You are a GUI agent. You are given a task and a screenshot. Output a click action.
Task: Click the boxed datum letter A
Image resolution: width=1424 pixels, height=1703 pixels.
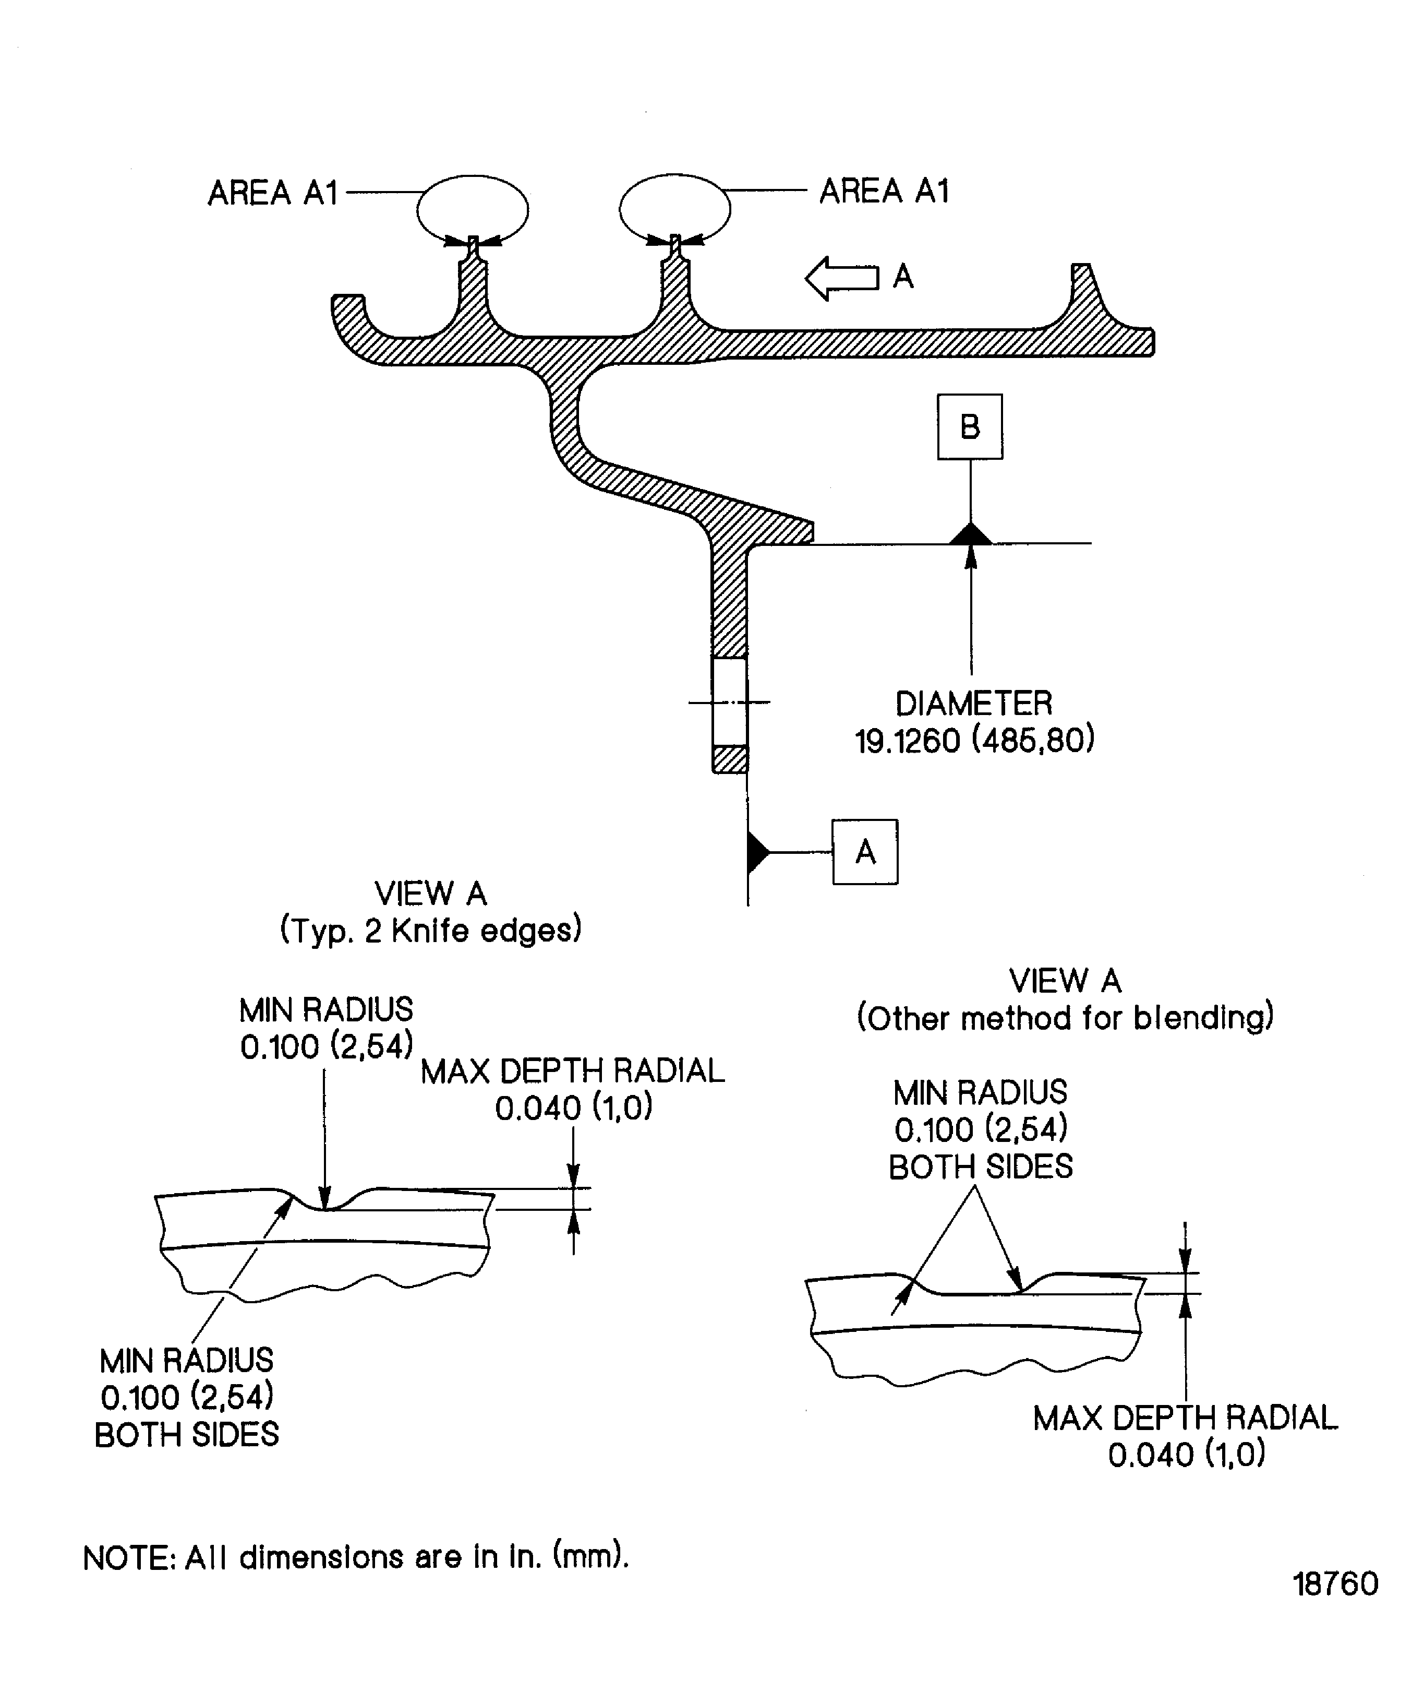[x=865, y=852]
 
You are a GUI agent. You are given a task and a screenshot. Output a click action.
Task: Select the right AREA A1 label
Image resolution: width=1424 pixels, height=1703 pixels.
[x=884, y=192]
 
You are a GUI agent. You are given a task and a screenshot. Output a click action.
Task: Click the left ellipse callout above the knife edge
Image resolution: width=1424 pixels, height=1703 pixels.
[x=418, y=209]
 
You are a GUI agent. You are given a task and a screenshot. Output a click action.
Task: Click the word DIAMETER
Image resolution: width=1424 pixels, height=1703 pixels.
[x=973, y=703]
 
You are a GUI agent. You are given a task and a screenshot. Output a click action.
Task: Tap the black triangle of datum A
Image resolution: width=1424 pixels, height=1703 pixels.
[x=758, y=852]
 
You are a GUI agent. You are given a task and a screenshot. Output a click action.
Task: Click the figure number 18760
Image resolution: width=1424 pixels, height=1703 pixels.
[x=1335, y=1584]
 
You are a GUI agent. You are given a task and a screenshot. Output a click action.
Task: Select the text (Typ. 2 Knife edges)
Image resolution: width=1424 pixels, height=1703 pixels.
[x=430, y=930]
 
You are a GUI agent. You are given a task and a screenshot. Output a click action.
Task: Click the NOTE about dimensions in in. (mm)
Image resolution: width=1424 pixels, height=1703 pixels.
[x=356, y=1557]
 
